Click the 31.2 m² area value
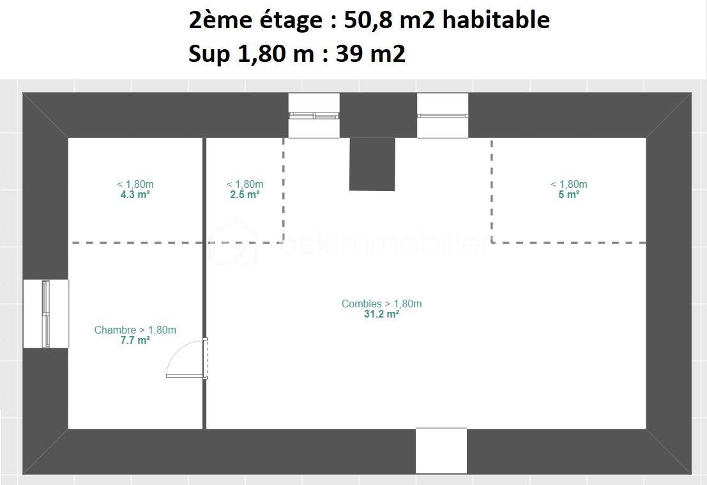point(381,314)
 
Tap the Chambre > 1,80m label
point(135,330)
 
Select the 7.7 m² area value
point(135,340)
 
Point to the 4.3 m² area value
point(135,194)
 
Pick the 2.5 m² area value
point(245,194)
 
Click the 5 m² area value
point(568,194)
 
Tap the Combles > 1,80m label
point(381,304)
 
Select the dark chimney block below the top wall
point(372,164)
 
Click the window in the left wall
point(46,314)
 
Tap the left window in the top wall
point(314,116)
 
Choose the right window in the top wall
point(443,116)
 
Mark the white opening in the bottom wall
point(441,450)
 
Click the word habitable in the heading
point(496,20)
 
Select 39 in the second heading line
point(349,54)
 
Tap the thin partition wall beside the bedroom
point(204,283)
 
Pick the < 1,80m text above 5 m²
point(568,184)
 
